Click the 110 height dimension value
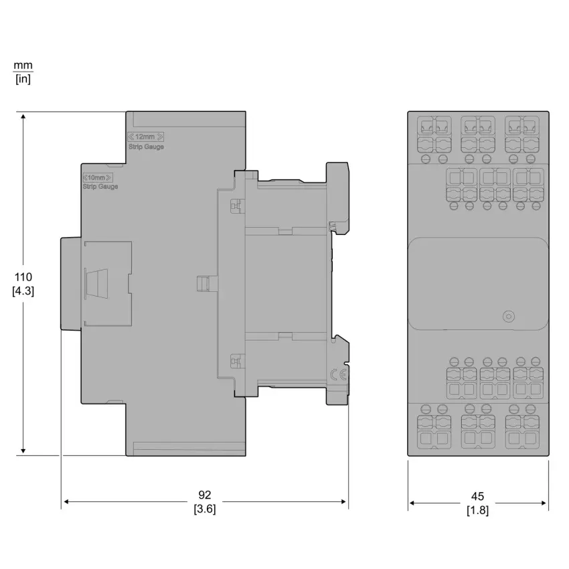pyautogui.click(x=23, y=277)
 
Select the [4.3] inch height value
pyautogui.click(x=23, y=291)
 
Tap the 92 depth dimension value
pyautogui.click(x=205, y=495)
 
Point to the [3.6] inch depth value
pyautogui.click(x=205, y=509)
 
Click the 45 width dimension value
pyautogui.click(x=477, y=496)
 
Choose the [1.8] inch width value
pyautogui.click(x=477, y=510)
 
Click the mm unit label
pyautogui.click(x=23, y=66)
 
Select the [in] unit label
pyautogui.click(x=23, y=79)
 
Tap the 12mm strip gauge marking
pyautogui.click(x=145, y=137)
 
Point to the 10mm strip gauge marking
pyautogui.click(x=98, y=177)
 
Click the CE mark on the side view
pyautogui.click(x=338, y=375)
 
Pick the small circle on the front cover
pyautogui.click(x=509, y=316)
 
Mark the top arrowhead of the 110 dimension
pyautogui.click(x=23, y=116)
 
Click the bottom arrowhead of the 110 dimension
pyautogui.click(x=23, y=451)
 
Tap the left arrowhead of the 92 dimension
pyautogui.click(x=67, y=502)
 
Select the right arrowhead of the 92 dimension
pyautogui.click(x=343, y=502)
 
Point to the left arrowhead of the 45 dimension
pyautogui.click(x=412, y=503)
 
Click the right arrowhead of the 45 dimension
pyautogui.click(x=544, y=503)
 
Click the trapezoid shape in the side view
pyautogui.click(x=96, y=284)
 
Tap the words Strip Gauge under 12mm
pyautogui.click(x=146, y=147)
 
